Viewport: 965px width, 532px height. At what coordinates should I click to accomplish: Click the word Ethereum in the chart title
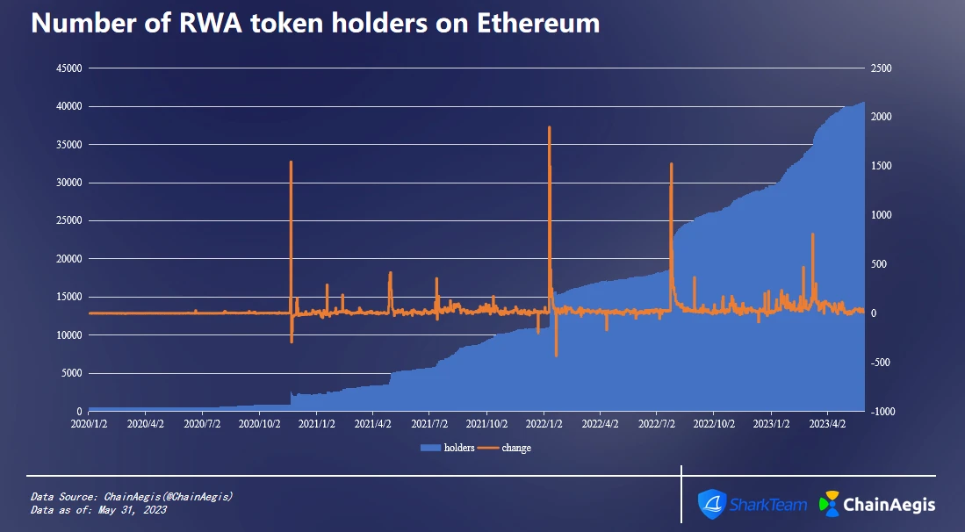point(538,24)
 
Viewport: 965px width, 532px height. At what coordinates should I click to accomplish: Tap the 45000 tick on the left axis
point(68,68)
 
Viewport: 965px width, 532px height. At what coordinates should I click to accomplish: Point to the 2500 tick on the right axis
point(881,68)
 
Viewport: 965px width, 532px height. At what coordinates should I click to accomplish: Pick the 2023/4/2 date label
point(828,423)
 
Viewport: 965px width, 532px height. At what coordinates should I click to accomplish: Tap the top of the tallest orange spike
point(550,127)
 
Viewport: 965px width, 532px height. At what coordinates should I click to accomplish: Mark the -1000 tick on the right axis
point(882,411)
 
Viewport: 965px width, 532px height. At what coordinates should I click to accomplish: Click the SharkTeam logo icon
point(710,504)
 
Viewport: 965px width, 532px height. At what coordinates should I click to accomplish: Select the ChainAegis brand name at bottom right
point(889,505)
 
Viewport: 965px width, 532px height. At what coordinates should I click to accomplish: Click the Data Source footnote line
point(132,496)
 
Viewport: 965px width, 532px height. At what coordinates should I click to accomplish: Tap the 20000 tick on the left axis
point(68,259)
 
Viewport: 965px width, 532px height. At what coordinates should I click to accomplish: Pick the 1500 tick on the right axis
point(881,166)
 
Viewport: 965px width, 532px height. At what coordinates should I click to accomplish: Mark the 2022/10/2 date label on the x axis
point(715,423)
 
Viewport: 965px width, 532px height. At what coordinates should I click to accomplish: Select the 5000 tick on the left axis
point(71,373)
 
